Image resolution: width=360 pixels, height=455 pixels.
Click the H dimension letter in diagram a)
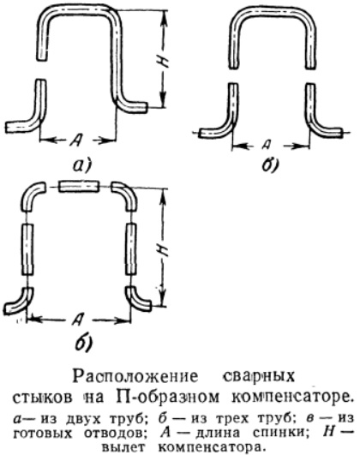[165, 61]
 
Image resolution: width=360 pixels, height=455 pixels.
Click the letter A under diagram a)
[77, 141]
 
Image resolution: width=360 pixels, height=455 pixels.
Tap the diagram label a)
[81, 165]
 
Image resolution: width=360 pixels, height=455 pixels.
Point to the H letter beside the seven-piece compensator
[165, 249]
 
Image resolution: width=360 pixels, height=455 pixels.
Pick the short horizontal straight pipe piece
[79, 186]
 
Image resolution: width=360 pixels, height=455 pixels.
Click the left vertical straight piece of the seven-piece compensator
[28, 249]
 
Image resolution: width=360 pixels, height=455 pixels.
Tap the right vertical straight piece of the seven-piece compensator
[131, 249]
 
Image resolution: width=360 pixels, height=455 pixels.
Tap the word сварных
[259, 376]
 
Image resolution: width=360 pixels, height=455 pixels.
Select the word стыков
[43, 398]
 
